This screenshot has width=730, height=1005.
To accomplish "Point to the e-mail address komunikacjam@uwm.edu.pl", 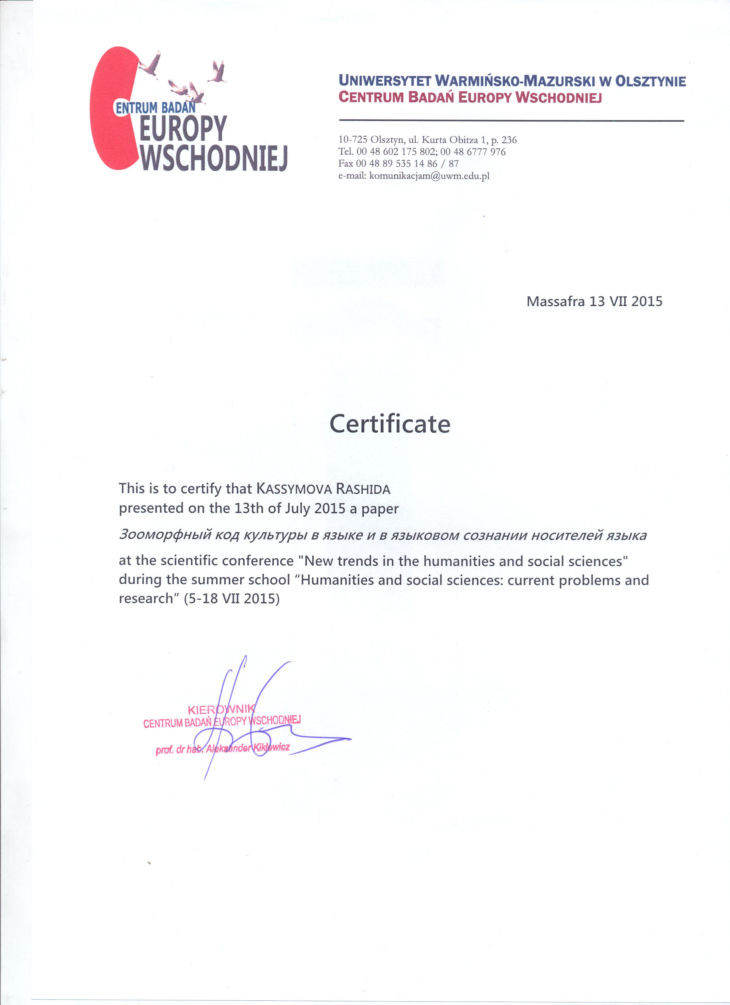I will point(429,176).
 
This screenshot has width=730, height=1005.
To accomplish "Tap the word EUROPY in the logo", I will point(183,129).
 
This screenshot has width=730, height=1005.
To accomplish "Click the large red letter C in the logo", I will point(111,109).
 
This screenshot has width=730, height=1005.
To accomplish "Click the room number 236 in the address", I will point(509,140).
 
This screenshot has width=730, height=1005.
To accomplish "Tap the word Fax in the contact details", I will point(346,163).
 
